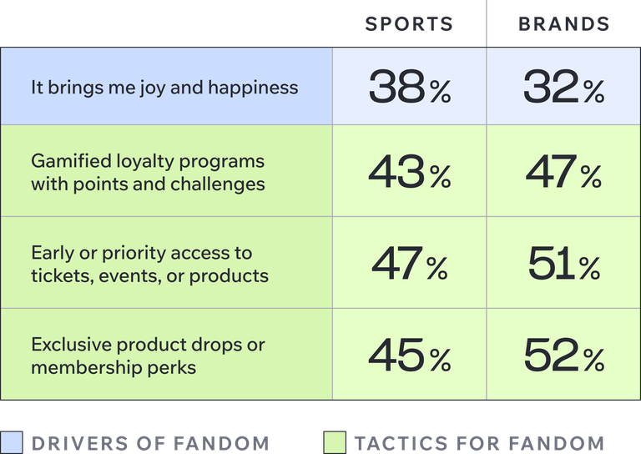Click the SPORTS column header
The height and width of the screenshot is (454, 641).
(409, 24)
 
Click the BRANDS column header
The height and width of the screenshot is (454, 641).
(563, 24)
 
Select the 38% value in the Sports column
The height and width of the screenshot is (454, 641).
(409, 87)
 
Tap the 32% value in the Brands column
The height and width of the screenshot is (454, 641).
(563, 87)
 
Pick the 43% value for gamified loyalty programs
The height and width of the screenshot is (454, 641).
(409, 172)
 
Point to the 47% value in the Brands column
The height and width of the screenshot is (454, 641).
(563, 172)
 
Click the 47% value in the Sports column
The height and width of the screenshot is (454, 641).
(409, 264)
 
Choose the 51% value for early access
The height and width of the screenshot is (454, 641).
(563, 264)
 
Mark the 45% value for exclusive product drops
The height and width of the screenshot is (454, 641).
(409, 356)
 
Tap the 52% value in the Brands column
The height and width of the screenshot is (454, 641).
(563, 356)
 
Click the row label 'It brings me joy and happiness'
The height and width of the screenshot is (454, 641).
(164, 88)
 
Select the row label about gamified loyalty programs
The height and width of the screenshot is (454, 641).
(148, 172)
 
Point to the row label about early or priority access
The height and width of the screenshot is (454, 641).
(149, 264)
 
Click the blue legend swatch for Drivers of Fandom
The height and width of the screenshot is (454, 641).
(13, 442)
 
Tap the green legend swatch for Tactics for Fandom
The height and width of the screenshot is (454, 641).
(334, 442)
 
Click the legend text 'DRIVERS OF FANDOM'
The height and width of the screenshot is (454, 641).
(150, 443)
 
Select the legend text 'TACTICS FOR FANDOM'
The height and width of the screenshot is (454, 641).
(479, 443)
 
